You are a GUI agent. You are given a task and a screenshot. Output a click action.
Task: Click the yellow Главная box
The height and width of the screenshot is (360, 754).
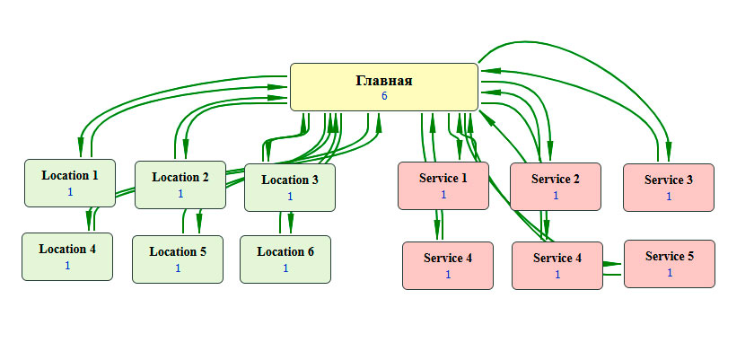pyautogui.click(x=383, y=87)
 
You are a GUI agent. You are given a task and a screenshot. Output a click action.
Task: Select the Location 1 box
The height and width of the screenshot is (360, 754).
pyautogui.click(x=70, y=182)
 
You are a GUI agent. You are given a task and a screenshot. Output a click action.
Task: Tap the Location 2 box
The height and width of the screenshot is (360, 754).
pyautogui.click(x=180, y=185)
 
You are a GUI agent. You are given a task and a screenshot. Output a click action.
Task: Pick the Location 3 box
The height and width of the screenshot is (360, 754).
pyautogui.click(x=289, y=187)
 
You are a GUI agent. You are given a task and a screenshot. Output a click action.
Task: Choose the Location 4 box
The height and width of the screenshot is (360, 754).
pyautogui.click(x=67, y=256)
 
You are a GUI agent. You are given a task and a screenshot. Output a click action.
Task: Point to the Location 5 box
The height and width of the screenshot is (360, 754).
pyautogui.click(x=178, y=259)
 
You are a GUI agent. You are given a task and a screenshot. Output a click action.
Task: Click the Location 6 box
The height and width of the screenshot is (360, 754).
pyautogui.click(x=285, y=259)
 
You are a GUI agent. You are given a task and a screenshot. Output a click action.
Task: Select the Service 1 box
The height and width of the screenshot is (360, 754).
pyautogui.click(x=443, y=185)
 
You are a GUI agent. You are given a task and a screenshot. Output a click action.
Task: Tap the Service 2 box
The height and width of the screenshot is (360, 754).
pyautogui.click(x=555, y=186)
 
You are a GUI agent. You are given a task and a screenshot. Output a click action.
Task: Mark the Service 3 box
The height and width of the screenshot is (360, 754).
pyautogui.click(x=669, y=187)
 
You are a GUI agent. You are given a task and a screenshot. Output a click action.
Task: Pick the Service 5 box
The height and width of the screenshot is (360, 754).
pyautogui.click(x=670, y=263)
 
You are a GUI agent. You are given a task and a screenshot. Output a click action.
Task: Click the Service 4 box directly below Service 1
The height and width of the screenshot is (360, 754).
pyautogui.click(x=447, y=265)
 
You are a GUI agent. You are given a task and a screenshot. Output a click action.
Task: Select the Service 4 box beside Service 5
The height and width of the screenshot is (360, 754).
pyautogui.click(x=557, y=265)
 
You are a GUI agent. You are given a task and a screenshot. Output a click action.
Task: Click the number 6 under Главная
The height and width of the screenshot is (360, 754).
pyautogui.click(x=384, y=96)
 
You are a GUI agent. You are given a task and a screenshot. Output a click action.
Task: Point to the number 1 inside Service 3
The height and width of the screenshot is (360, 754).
pyautogui.click(x=669, y=196)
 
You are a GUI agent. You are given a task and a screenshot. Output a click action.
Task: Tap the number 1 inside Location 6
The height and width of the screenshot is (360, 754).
pyautogui.click(x=285, y=268)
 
